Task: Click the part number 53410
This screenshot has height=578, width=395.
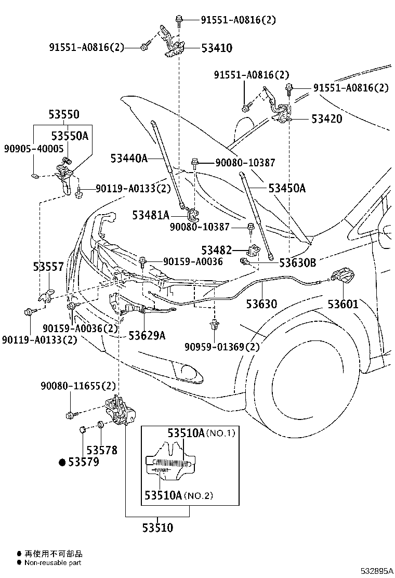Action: (217, 48)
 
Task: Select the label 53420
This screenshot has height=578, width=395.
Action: (327, 119)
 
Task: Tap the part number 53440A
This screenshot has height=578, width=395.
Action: (129, 158)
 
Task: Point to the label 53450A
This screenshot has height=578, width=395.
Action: (287, 188)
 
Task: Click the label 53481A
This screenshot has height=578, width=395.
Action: (150, 215)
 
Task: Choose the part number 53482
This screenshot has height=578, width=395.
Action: (217, 251)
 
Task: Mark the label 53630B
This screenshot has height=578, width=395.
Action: (297, 262)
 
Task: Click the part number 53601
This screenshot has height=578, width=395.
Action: (343, 304)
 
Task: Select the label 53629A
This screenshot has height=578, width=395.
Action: (147, 335)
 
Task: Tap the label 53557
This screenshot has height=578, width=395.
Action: (48, 267)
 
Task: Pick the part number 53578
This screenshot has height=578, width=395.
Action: (102, 451)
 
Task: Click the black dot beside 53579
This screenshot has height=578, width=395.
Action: (61, 462)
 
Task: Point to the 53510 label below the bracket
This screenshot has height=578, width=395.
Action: (157, 528)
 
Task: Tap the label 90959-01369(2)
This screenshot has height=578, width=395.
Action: (221, 347)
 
